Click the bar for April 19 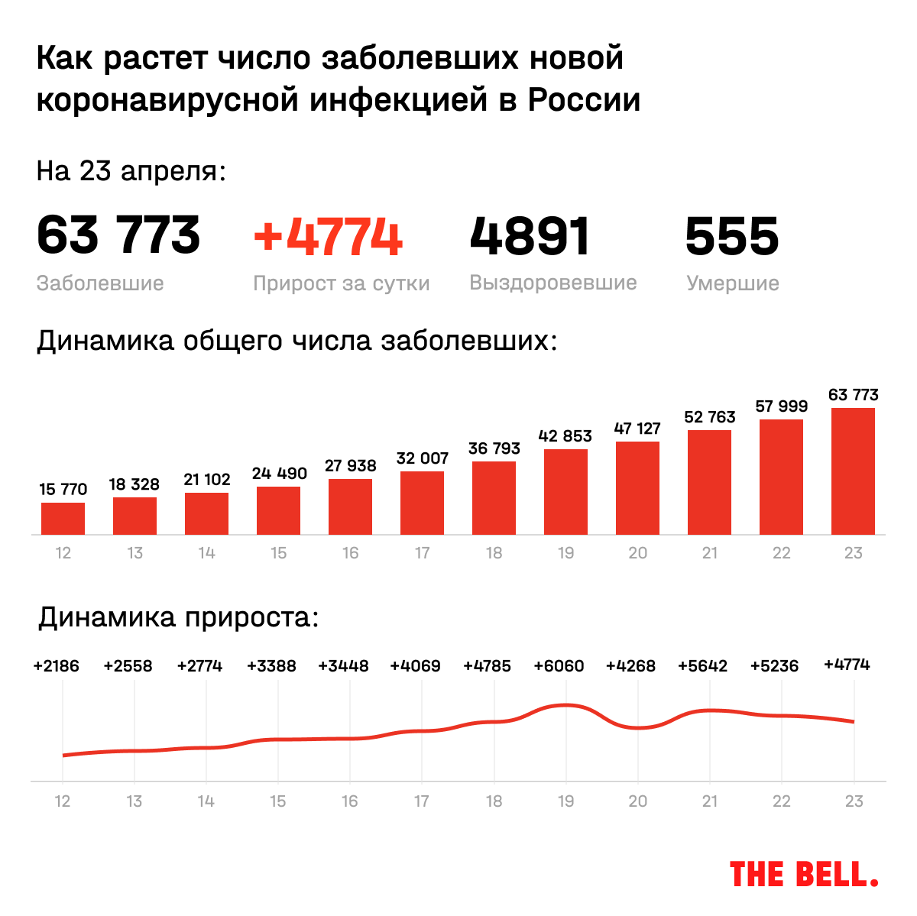coord(565,492)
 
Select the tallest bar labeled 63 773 coord(853,471)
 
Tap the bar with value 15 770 coord(63,518)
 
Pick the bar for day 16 coord(350,507)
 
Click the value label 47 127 coord(637,429)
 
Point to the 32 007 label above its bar coord(422,458)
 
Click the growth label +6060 coord(559,666)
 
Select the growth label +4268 coord(630,666)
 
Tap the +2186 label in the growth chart coord(57,666)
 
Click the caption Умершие coord(732,283)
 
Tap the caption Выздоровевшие coord(552,283)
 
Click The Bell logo coord(804,874)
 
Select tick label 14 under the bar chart coord(206,553)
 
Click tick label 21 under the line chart coord(710,801)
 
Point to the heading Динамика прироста coord(178,617)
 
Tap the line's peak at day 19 coord(565,704)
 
